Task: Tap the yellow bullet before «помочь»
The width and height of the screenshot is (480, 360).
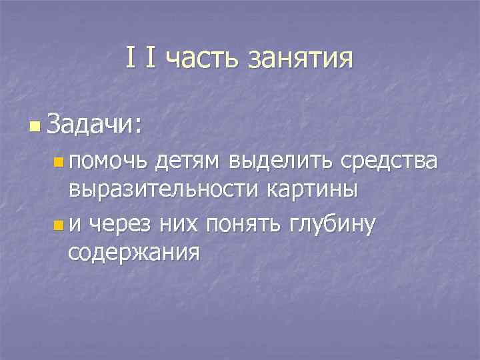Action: pos(59,162)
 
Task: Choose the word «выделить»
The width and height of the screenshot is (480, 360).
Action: pos(280,162)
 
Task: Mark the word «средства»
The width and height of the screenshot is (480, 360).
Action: pos(389,162)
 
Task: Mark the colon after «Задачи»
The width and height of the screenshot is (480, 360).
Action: pos(138,125)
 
